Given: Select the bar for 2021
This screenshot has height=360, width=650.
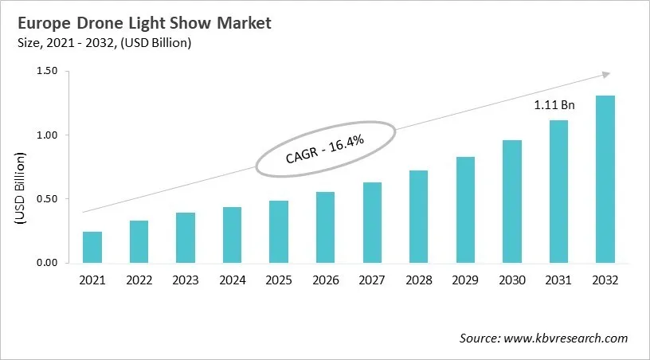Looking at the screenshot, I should (92, 247).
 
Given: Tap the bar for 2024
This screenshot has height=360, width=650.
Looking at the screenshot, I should (232, 235).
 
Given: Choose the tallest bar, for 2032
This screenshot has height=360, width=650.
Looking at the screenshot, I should (605, 179).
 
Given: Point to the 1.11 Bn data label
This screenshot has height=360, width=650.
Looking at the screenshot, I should (554, 104).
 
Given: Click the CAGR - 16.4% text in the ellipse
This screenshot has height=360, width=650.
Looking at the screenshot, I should (324, 149).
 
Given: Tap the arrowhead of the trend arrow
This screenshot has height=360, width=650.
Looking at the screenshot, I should (605, 73).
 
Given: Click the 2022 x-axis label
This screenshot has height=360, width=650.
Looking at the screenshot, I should (139, 280).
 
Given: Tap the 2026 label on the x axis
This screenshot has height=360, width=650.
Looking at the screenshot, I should (325, 280).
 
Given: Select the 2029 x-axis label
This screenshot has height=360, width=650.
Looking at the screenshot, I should (465, 280).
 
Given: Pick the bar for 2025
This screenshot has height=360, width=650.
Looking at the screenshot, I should (279, 232).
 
